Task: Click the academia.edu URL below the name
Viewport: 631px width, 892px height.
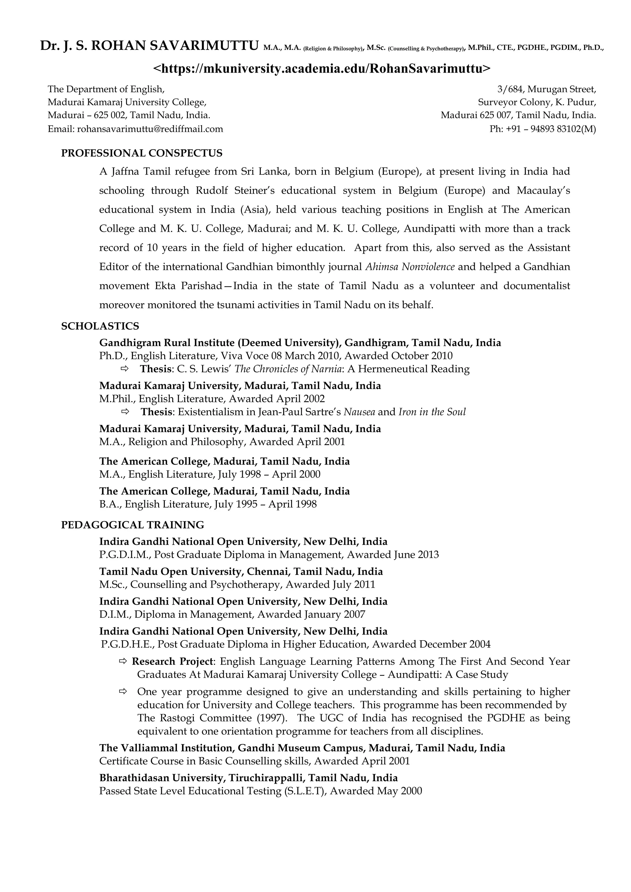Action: pyautogui.click(x=322, y=68)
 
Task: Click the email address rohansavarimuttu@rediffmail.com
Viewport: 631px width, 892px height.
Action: pyautogui.click(x=150, y=129)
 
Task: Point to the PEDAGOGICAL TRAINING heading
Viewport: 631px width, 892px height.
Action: pyautogui.click(x=132, y=525)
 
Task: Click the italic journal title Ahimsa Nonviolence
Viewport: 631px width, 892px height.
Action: pyautogui.click(x=410, y=267)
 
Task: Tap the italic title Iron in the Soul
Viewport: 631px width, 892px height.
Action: pyautogui.click(x=432, y=412)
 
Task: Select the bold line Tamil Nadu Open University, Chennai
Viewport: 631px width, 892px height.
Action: pyautogui.click(x=241, y=572)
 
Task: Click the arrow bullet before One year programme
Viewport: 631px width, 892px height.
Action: pyautogui.click(x=123, y=692)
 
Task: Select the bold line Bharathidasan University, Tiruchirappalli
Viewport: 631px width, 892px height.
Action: pyautogui.click(x=248, y=778)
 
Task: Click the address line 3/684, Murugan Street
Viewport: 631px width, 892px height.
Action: pyautogui.click(x=546, y=89)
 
